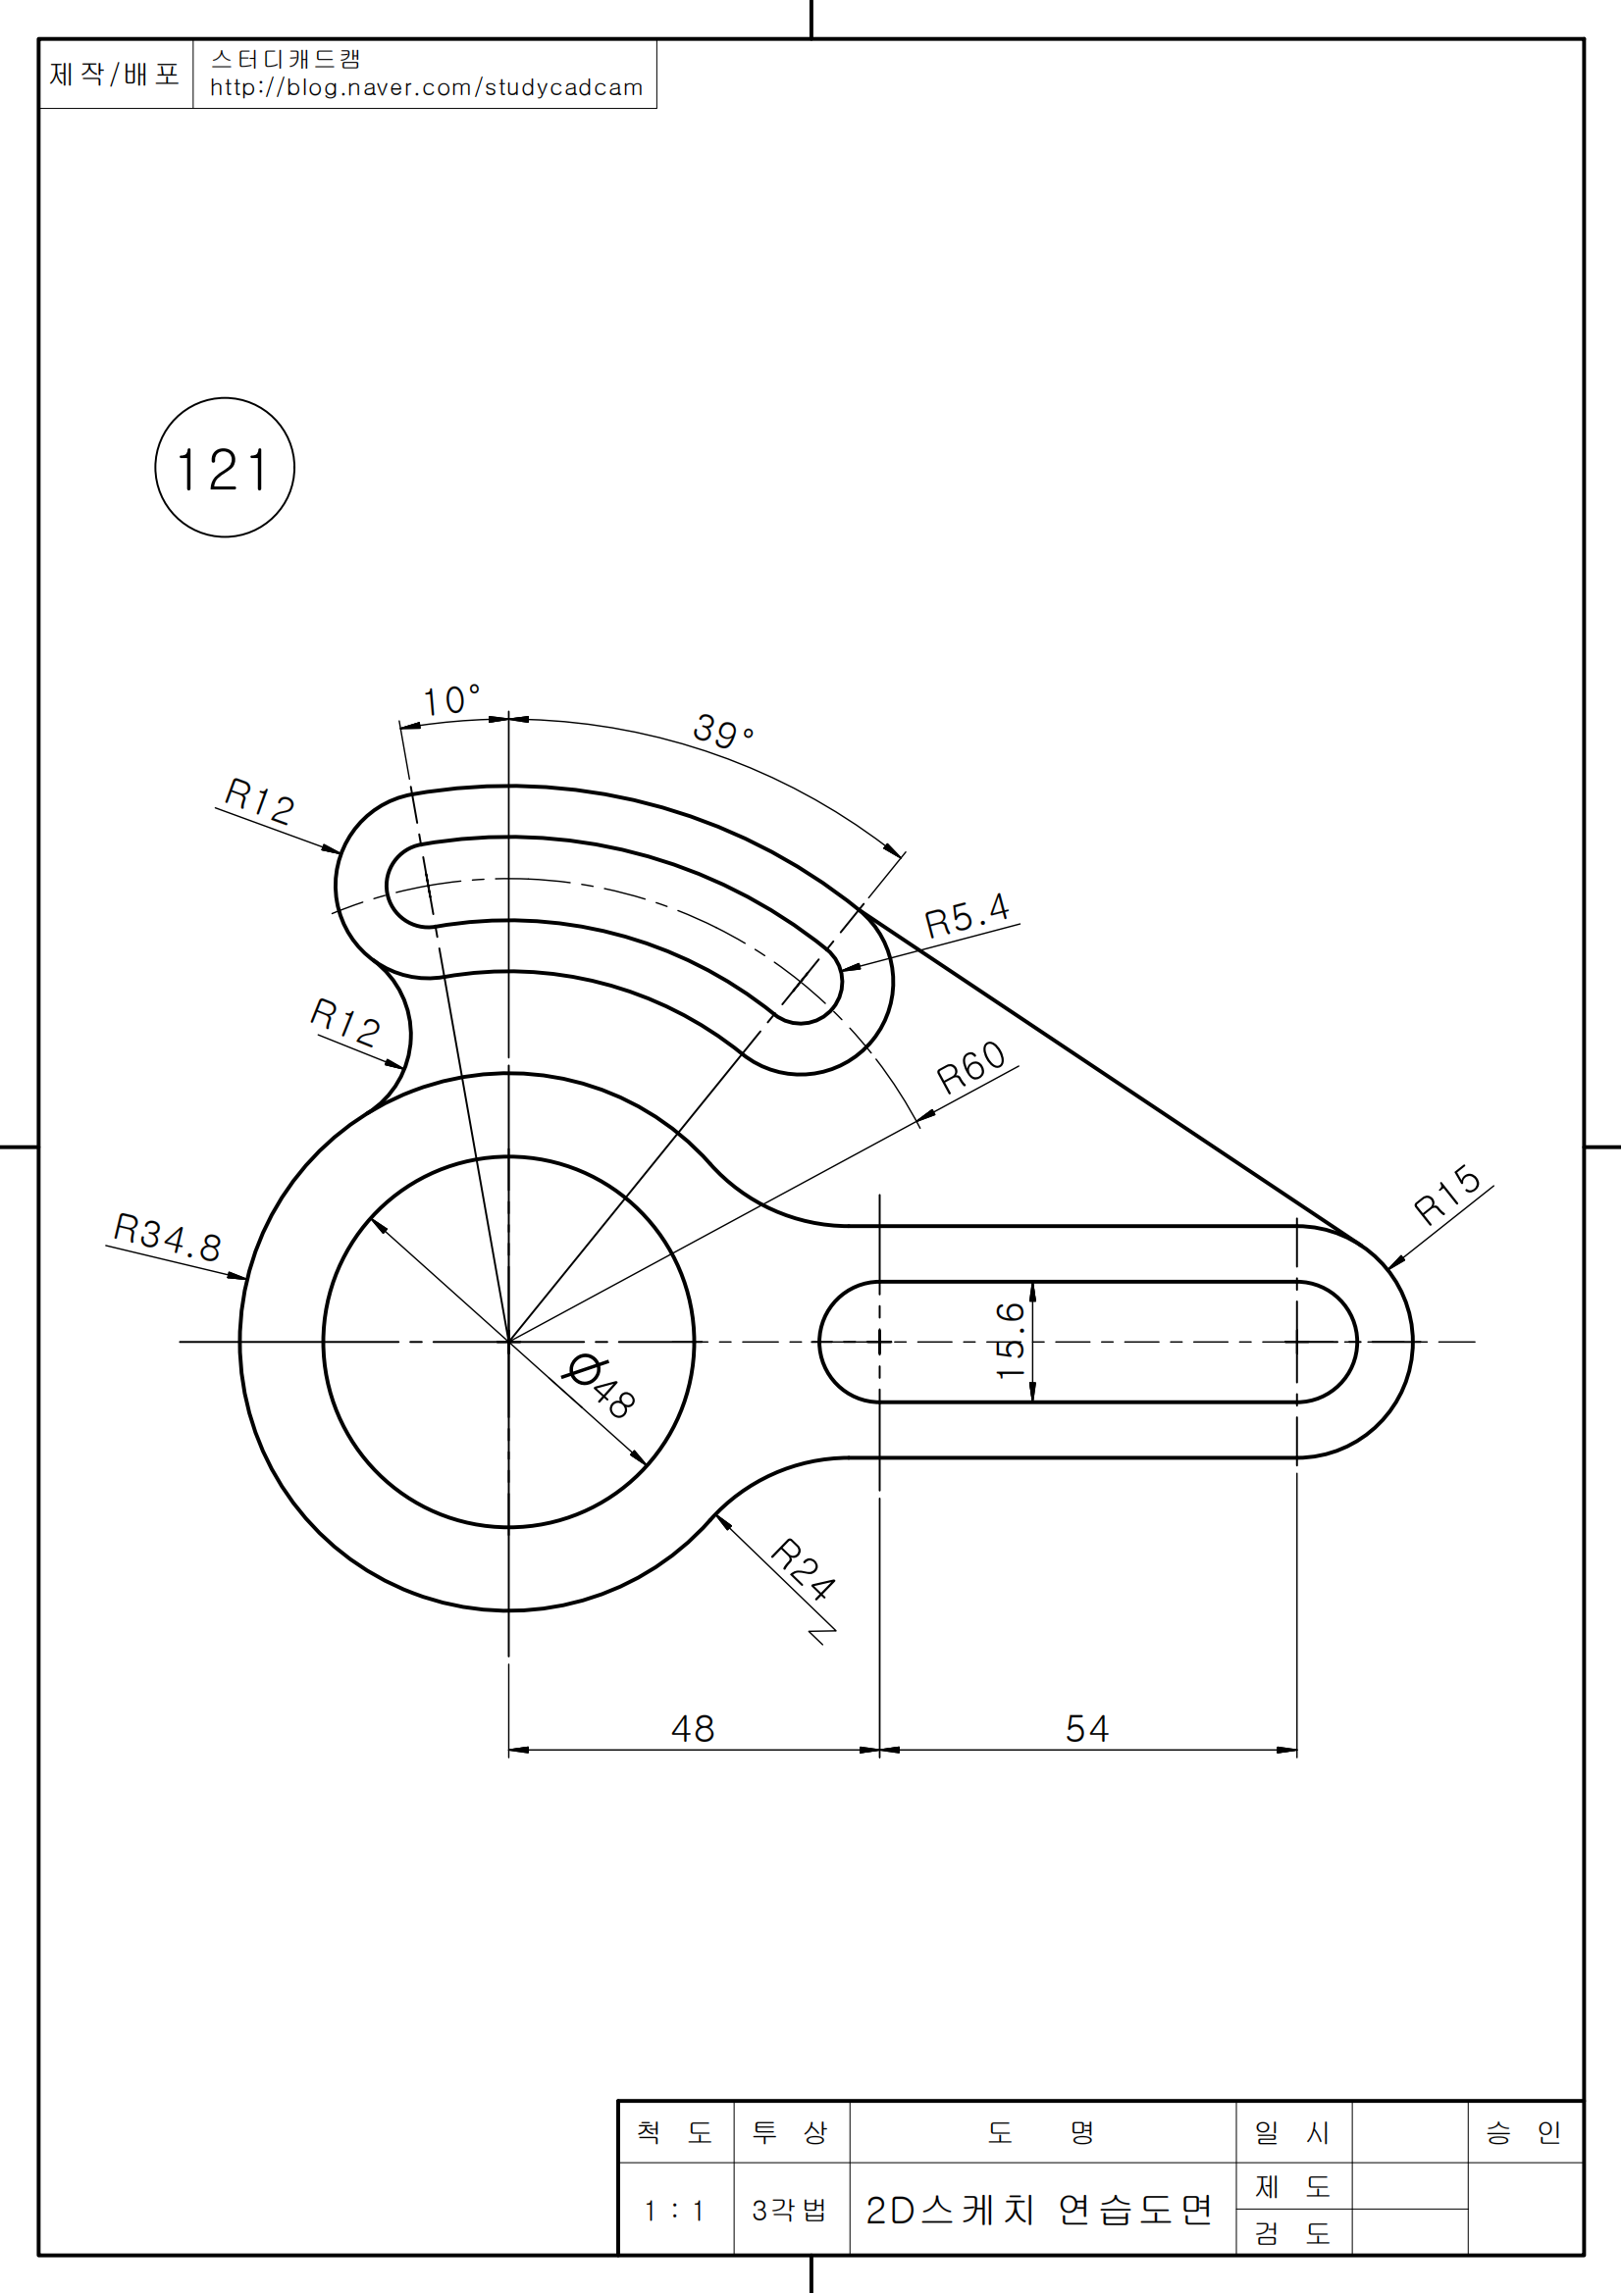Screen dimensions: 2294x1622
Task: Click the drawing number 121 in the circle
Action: [224, 470]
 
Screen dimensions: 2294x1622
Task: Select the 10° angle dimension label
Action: [449, 700]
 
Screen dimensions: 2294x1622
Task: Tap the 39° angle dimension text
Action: [722, 732]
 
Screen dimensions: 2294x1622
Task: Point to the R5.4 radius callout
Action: [967, 914]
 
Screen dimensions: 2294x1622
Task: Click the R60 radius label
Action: [970, 1066]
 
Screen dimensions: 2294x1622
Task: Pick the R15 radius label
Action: [1447, 1195]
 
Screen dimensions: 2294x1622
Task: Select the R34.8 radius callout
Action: [167, 1237]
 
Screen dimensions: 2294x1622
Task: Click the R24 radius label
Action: [803, 1569]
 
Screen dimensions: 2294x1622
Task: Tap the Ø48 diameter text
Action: [602, 1385]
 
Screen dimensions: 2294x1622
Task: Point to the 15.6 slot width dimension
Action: [1011, 1341]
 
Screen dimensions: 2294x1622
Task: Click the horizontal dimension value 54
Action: [1086, 1729]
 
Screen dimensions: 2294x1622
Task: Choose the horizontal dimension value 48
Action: [693, 1729]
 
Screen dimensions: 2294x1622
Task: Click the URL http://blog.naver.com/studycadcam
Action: [426, 88]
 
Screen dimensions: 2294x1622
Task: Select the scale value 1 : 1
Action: [674, 2211]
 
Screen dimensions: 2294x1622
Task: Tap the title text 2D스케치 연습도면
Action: [1038, 2210]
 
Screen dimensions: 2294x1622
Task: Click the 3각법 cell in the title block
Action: [790, 2211]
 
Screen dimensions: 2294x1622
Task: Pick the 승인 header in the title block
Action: [1523, 2133]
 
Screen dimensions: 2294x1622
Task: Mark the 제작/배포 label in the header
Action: [114, 74]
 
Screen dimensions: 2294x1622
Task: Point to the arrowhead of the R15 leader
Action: [1391, 1268]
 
